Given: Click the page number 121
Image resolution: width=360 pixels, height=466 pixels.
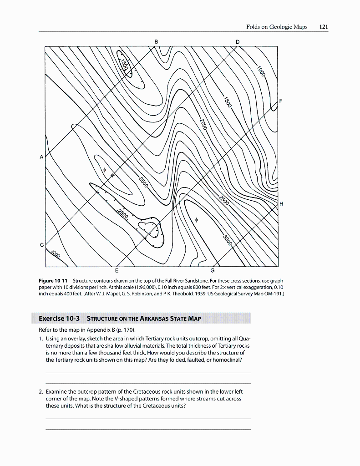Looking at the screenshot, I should coord(324,27).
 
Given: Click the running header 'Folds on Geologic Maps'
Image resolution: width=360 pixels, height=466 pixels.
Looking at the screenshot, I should coord(277,27).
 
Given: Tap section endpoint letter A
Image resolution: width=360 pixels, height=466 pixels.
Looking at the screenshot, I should coord(41,157).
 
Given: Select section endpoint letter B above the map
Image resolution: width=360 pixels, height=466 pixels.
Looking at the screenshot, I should coord(157,41).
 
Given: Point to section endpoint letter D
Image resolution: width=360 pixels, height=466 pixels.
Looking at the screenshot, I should coord(237,41).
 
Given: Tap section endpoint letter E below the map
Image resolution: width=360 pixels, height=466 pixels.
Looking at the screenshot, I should coord(117,272).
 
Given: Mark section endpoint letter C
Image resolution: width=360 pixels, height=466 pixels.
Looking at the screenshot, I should coord(42,245).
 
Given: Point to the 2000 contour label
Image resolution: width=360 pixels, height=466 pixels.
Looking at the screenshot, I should coord(203,123).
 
